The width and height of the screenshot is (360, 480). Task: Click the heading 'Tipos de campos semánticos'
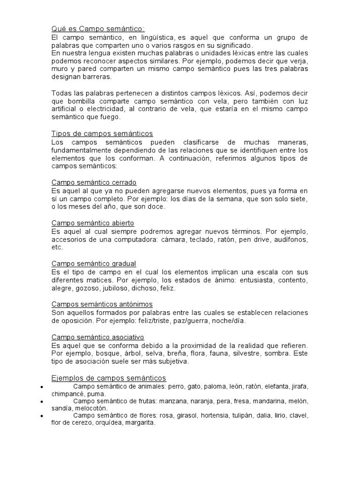click(x=102, y=134)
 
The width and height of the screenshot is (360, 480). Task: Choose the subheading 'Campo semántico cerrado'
click(x=94, y=182)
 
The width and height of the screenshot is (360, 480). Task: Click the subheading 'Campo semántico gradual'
click(x=94, y=263)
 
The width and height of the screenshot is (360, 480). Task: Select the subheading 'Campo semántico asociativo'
click(x=97, y=337)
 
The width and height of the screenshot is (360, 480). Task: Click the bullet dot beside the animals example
click(x=43, y=387)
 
